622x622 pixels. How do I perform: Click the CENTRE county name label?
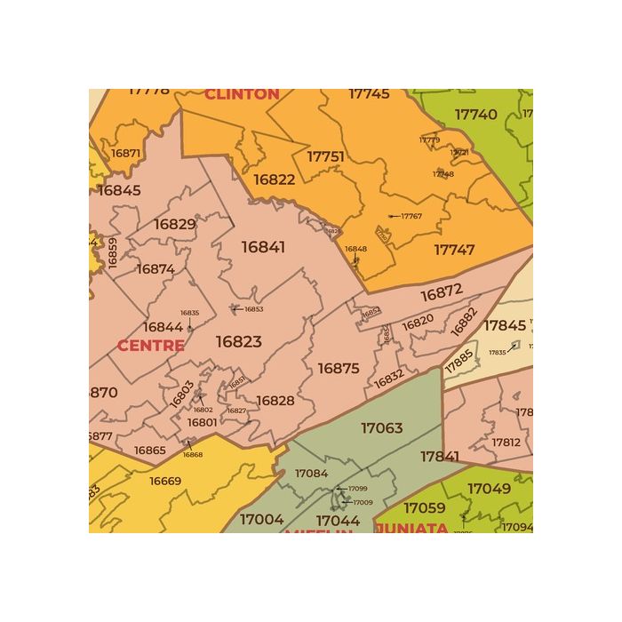(151, 345)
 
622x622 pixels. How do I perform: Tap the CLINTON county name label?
(242, 93)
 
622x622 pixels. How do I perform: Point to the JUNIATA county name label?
(411, 528)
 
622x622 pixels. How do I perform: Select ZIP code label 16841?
(264, 247)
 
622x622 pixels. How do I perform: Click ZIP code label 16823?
(238, 341)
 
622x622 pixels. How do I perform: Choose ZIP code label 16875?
(338, 368)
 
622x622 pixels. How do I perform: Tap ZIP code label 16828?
(275, 401)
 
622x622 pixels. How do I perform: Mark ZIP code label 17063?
(381, 427)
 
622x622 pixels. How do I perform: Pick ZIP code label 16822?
(274, 179)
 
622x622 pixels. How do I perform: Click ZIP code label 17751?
(325, 156)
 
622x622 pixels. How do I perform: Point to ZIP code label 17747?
(454, 250)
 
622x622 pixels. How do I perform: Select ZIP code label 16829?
(174, 224)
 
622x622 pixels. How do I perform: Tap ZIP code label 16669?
(165, 481)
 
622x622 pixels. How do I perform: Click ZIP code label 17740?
(475, 115)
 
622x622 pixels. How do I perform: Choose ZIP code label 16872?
(442, 292)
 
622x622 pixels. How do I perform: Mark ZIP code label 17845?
(505, 325)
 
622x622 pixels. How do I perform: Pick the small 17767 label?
(411, 216)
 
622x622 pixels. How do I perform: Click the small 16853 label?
(253, 309)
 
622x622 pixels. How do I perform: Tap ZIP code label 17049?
(489, 488)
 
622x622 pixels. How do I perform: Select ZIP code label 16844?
(163, 327)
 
